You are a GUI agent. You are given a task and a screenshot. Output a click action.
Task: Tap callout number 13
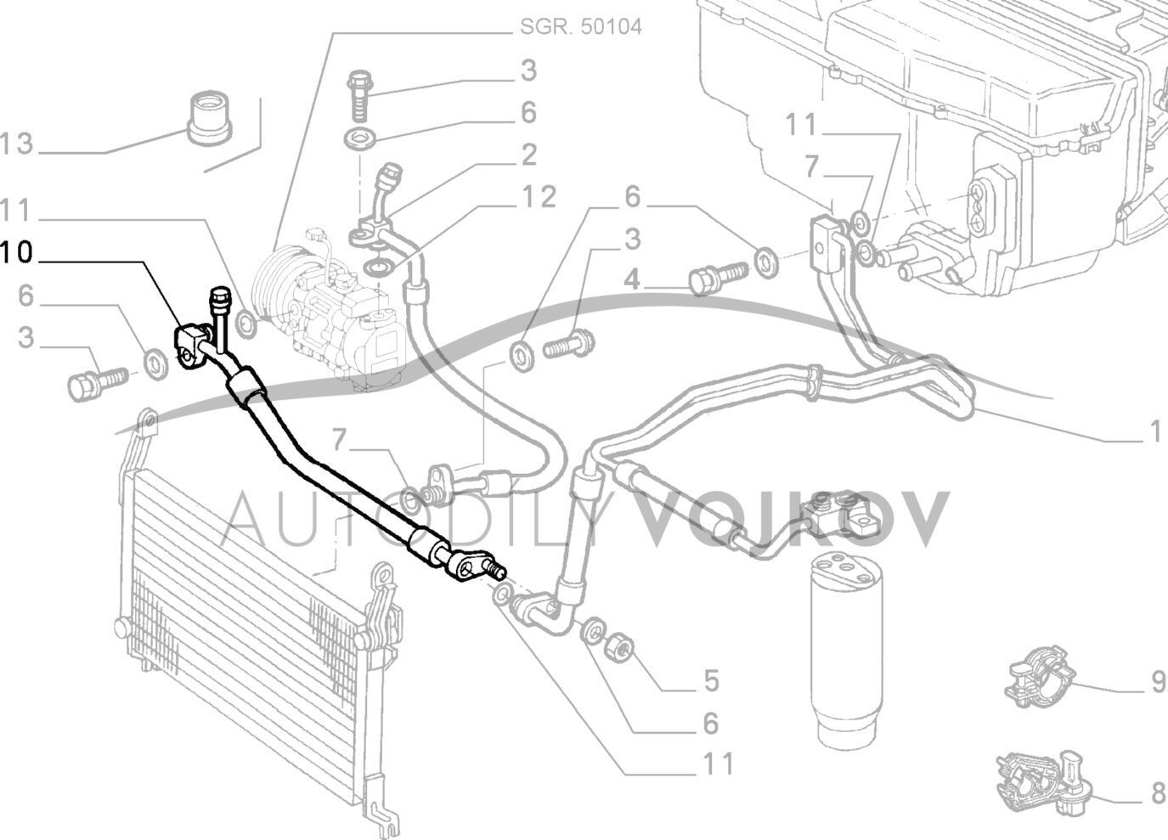pos(16,144)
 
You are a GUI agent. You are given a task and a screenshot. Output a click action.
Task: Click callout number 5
pos(710,679)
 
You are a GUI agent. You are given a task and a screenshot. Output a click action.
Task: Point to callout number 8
pos(1157,794)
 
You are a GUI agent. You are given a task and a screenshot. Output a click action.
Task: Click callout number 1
pos(1154,433)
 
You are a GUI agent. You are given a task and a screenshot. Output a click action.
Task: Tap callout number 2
pos(528,155)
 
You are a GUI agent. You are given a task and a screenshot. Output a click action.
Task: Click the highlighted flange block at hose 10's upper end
pos(189,346)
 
